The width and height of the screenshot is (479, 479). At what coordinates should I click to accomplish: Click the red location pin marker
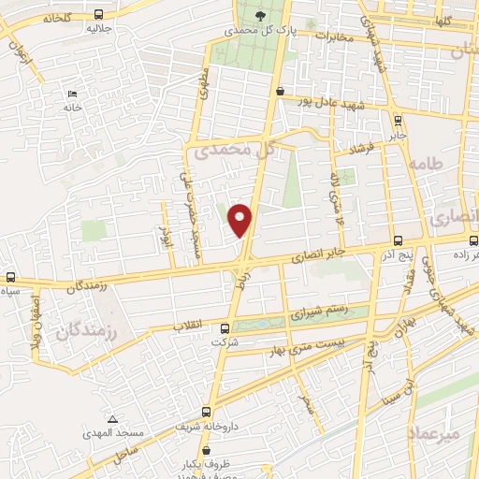pyautogui.click(x=241, y=219)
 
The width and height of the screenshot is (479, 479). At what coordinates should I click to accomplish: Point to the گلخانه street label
pyautogui.click(x=54, y=18)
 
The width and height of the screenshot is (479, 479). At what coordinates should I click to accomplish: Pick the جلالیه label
pyautogui.click(x=101, y=28)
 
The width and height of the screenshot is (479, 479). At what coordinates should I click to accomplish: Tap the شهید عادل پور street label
pyautogui.click(x=330, y=98)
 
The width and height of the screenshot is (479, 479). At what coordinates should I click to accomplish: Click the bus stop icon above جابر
pyautogui.click(x=399, y=121)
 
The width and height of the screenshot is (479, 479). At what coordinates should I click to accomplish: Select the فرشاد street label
pyautogui.click(x=361, y=148)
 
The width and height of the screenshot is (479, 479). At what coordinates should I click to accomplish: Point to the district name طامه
pyautogui.click(x=438, y=166)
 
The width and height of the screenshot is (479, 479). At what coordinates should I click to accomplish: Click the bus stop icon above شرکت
pyautogui.click(x=225, y=328)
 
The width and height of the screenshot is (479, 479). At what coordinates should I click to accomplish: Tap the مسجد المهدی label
pyautogui.click(x=114, y=433)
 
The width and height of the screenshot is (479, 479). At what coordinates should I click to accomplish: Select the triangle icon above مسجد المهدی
pyautogui.click(x=112, y=418)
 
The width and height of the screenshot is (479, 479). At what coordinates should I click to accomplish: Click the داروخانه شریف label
pyautogui.click(x=201, y=425)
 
